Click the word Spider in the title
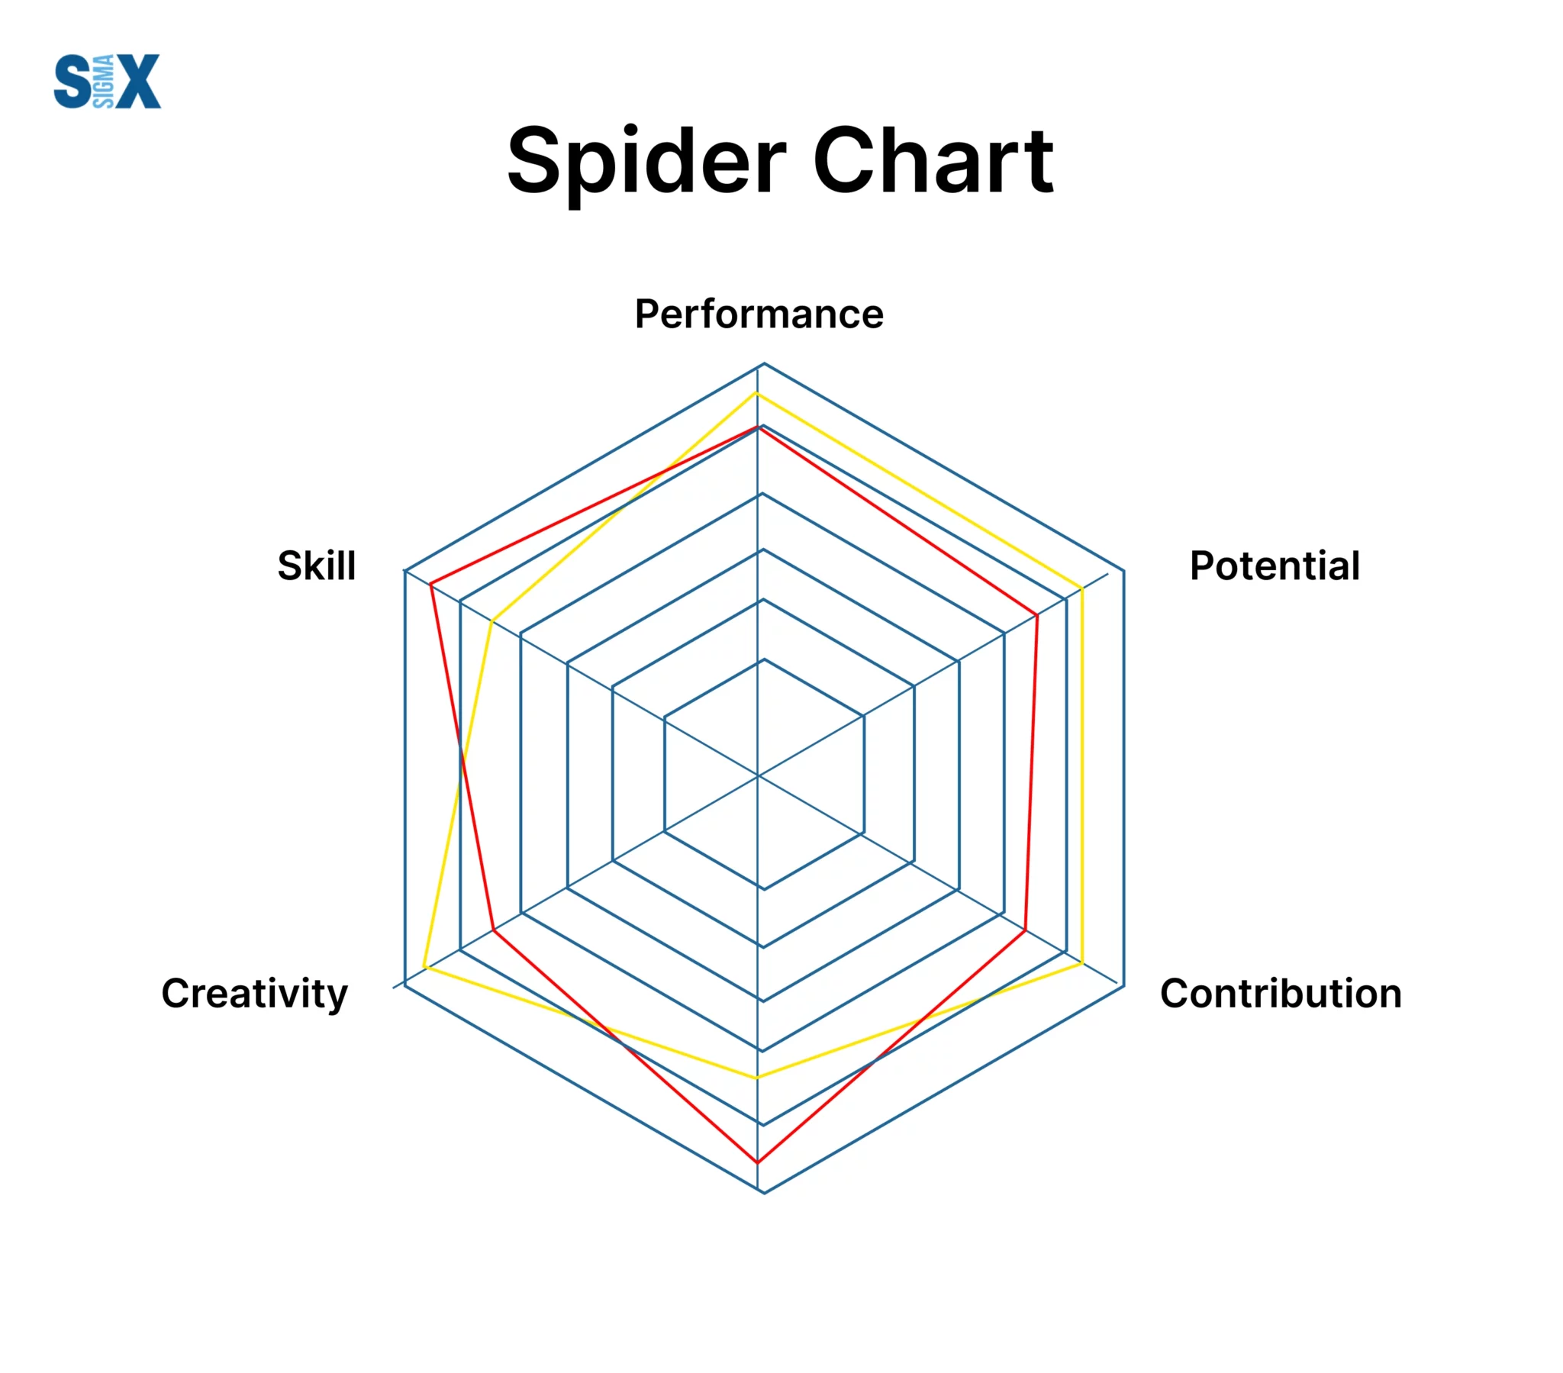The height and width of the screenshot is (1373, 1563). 646,162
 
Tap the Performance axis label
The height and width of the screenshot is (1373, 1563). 759,314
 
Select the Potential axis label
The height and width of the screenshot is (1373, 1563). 1275,566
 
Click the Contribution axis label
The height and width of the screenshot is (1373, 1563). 1281,994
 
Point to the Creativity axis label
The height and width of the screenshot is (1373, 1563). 255,994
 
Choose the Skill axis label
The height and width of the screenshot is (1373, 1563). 317,566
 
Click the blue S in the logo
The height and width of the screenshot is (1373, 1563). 73,81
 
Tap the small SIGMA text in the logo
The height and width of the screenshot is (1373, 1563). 103,81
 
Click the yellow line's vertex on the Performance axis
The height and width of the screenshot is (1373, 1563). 757,392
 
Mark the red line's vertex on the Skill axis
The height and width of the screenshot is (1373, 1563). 431,585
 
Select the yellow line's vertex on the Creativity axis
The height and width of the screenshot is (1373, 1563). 424,969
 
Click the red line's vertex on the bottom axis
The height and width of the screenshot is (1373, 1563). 758,1162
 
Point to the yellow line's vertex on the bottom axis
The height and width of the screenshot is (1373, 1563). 758,1078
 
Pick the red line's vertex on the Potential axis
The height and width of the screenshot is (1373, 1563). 1037,615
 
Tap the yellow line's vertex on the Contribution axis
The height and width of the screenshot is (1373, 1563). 1082,965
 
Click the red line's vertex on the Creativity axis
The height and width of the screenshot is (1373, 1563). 494,930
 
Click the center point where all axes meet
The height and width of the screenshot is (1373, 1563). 758,775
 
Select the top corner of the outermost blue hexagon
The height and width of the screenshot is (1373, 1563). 764,363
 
